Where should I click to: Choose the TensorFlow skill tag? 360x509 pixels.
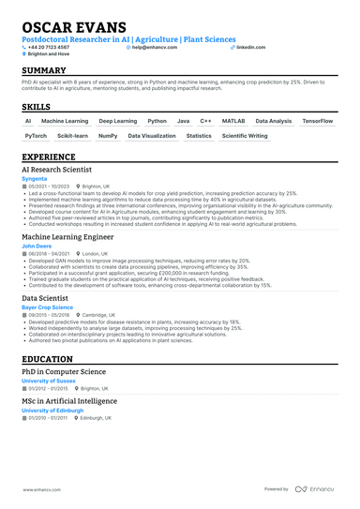[317, 121]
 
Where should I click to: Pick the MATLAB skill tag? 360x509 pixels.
[233, 121]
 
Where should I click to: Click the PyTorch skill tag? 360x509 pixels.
[36, 136]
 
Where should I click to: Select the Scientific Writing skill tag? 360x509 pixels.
[245, 136]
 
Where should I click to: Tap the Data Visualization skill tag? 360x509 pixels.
[152, 136]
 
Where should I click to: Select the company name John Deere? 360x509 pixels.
[37, 247]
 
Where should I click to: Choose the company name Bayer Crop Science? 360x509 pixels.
[47, 307]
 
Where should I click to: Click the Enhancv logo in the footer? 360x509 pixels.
[316, 489]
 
